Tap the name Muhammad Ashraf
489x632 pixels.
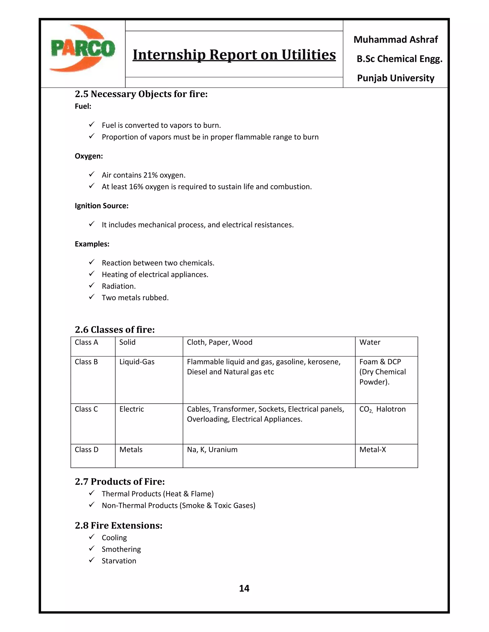click(x=395, y=39)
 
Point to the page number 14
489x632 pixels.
click(x=244, y=588)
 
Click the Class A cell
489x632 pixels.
click(x=86, y=342)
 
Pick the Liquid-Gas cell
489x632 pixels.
click(x=137, y=362)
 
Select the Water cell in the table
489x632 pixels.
click(x=370, y=342)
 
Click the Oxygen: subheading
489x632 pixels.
click(x=89, y=156)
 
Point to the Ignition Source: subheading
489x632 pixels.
click(x=101, y=206)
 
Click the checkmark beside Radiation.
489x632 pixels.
click(x=91, y=286)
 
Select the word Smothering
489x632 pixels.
click(x=121, y=549)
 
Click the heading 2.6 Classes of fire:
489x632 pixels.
click(x=115, y=329)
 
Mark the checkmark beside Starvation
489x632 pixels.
click(x=91, y=560)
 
